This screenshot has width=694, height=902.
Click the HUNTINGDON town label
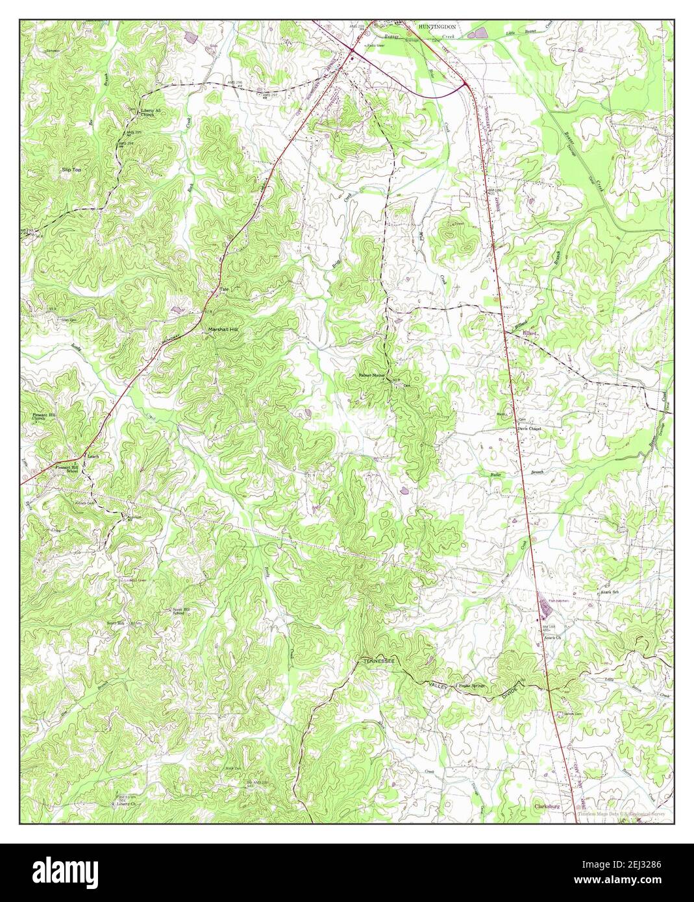(x=436, y=27)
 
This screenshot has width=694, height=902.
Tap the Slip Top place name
(x=71, y=169)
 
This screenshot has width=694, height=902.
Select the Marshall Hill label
(x=223, y=330)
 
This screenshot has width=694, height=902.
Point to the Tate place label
(x=225, y=289)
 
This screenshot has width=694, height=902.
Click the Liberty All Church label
(x=151, y=113)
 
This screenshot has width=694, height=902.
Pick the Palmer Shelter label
(x=369, y=376)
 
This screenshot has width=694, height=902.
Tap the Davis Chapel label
(x=529, y=429)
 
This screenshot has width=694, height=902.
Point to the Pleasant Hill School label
(x=66, y=469)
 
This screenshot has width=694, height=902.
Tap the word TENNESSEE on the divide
(x=378, y=661)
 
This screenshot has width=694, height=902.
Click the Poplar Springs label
(x=471, y=685)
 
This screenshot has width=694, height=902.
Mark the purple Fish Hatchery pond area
(x=541, y=606)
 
